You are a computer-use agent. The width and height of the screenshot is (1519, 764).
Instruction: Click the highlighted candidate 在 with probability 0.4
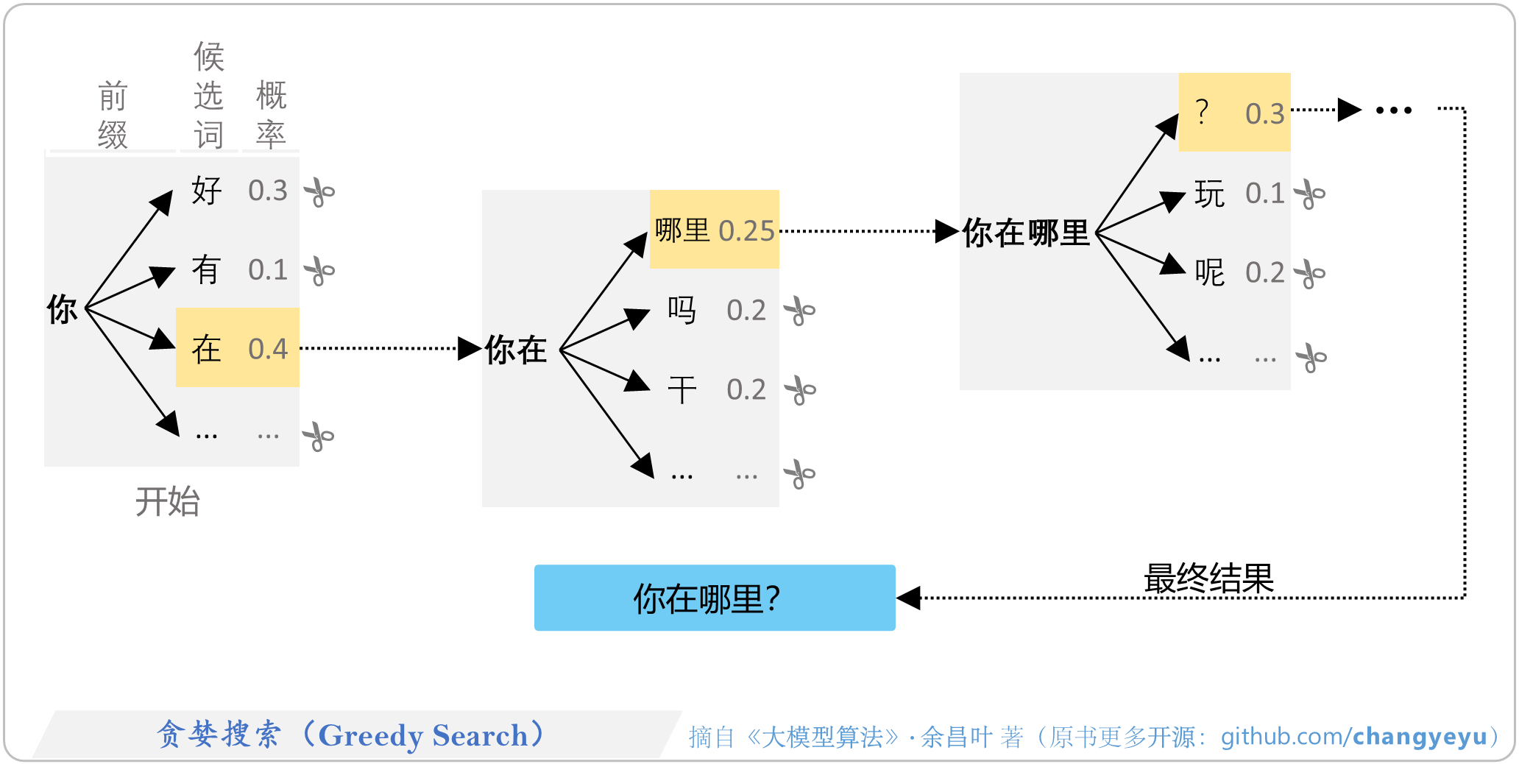(x=237, y=348)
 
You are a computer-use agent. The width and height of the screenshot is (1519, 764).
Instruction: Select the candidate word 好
(x=206, y=191)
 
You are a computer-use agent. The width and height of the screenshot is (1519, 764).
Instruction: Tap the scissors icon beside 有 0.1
(x=319, y=271)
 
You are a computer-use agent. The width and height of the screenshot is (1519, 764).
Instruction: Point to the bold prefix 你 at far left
(x=62, y=309)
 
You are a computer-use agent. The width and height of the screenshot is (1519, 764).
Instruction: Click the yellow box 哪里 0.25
(x=714, y=230)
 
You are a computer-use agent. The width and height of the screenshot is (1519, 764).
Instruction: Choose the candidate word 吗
(x=681, y=310)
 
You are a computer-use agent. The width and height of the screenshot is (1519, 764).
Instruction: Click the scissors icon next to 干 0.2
(x=800, y=390)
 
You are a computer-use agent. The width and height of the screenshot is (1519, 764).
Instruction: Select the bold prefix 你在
(x=516, y=350)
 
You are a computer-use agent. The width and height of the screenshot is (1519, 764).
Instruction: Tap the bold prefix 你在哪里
(x=1026, y=233)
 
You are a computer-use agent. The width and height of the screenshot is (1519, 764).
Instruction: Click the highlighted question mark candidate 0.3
(x=1234, y=113)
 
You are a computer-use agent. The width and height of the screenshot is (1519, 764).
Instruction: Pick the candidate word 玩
(x=1209, y=194)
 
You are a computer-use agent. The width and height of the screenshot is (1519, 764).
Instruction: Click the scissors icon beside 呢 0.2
(x=1309, y=274)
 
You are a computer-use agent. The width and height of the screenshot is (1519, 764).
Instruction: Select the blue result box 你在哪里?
(x=714, y=598)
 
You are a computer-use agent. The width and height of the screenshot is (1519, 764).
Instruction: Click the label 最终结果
(x=1208, y=579)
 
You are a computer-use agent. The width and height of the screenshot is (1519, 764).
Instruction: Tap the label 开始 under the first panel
(x=168, y=502)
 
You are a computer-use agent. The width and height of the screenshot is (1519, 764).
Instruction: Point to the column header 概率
(x=271, y=115)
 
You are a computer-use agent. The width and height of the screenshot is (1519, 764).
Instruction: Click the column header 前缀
(x=113, y=116)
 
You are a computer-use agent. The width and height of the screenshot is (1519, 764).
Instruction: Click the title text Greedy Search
(x=423, y=735)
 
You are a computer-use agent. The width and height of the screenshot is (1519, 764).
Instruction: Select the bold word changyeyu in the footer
(x=1420, y=736)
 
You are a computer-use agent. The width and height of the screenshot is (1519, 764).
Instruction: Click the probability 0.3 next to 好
(x=267, y=191)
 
